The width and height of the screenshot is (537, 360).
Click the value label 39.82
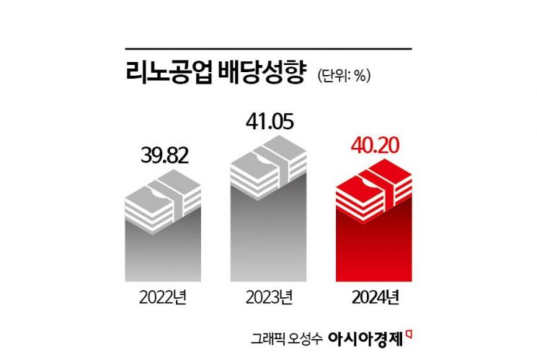(163, 157)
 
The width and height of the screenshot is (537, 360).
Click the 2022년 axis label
(163, 296)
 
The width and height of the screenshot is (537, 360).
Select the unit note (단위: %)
(342, 76)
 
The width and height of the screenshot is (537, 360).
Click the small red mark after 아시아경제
(409, 333)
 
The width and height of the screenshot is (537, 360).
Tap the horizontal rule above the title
(268, 49)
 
